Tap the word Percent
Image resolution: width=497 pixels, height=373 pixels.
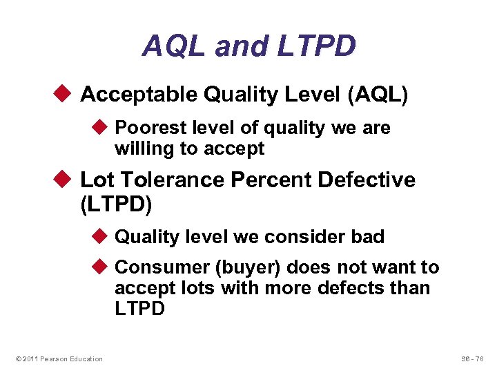(271, 180)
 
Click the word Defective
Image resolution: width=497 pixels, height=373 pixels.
(367, 180)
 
